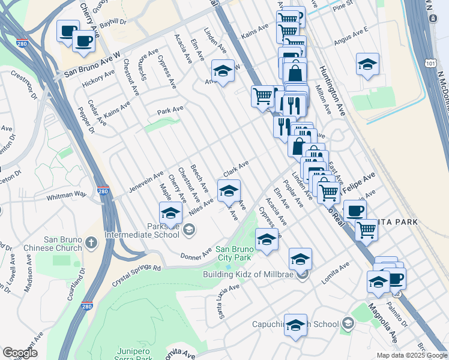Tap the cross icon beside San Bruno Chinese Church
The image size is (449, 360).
point(91,242)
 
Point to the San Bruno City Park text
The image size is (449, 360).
point(232,253)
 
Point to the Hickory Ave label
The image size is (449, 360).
point(98,79)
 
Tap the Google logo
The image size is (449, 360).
point(20,353)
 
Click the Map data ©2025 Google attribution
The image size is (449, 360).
point(411,355)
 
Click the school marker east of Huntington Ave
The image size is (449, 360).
point(367,64)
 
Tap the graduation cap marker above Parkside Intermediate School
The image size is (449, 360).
point(170,213)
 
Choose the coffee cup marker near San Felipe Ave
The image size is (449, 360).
point(355,210)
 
